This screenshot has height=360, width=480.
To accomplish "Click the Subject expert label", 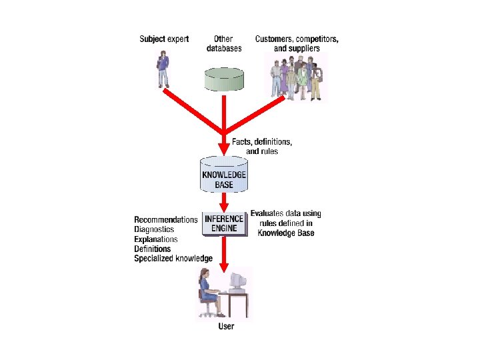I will click(164, 39).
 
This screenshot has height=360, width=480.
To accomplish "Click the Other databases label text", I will click(224, 43).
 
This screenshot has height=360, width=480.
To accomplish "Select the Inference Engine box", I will click(224, 223).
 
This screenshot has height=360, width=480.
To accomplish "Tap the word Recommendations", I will click(166, 220).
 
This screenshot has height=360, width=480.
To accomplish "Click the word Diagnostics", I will click(154, 229).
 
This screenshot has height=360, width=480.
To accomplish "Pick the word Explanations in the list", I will click(156, 239).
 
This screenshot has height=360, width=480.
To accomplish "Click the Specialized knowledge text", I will click(173, 258).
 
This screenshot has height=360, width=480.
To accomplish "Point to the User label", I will click(227, 327).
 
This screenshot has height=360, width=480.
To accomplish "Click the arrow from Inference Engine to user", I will click(224, 253).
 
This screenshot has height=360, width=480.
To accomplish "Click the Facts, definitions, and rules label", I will click(262, 147).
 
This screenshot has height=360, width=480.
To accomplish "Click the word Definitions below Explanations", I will click(153, 249).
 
